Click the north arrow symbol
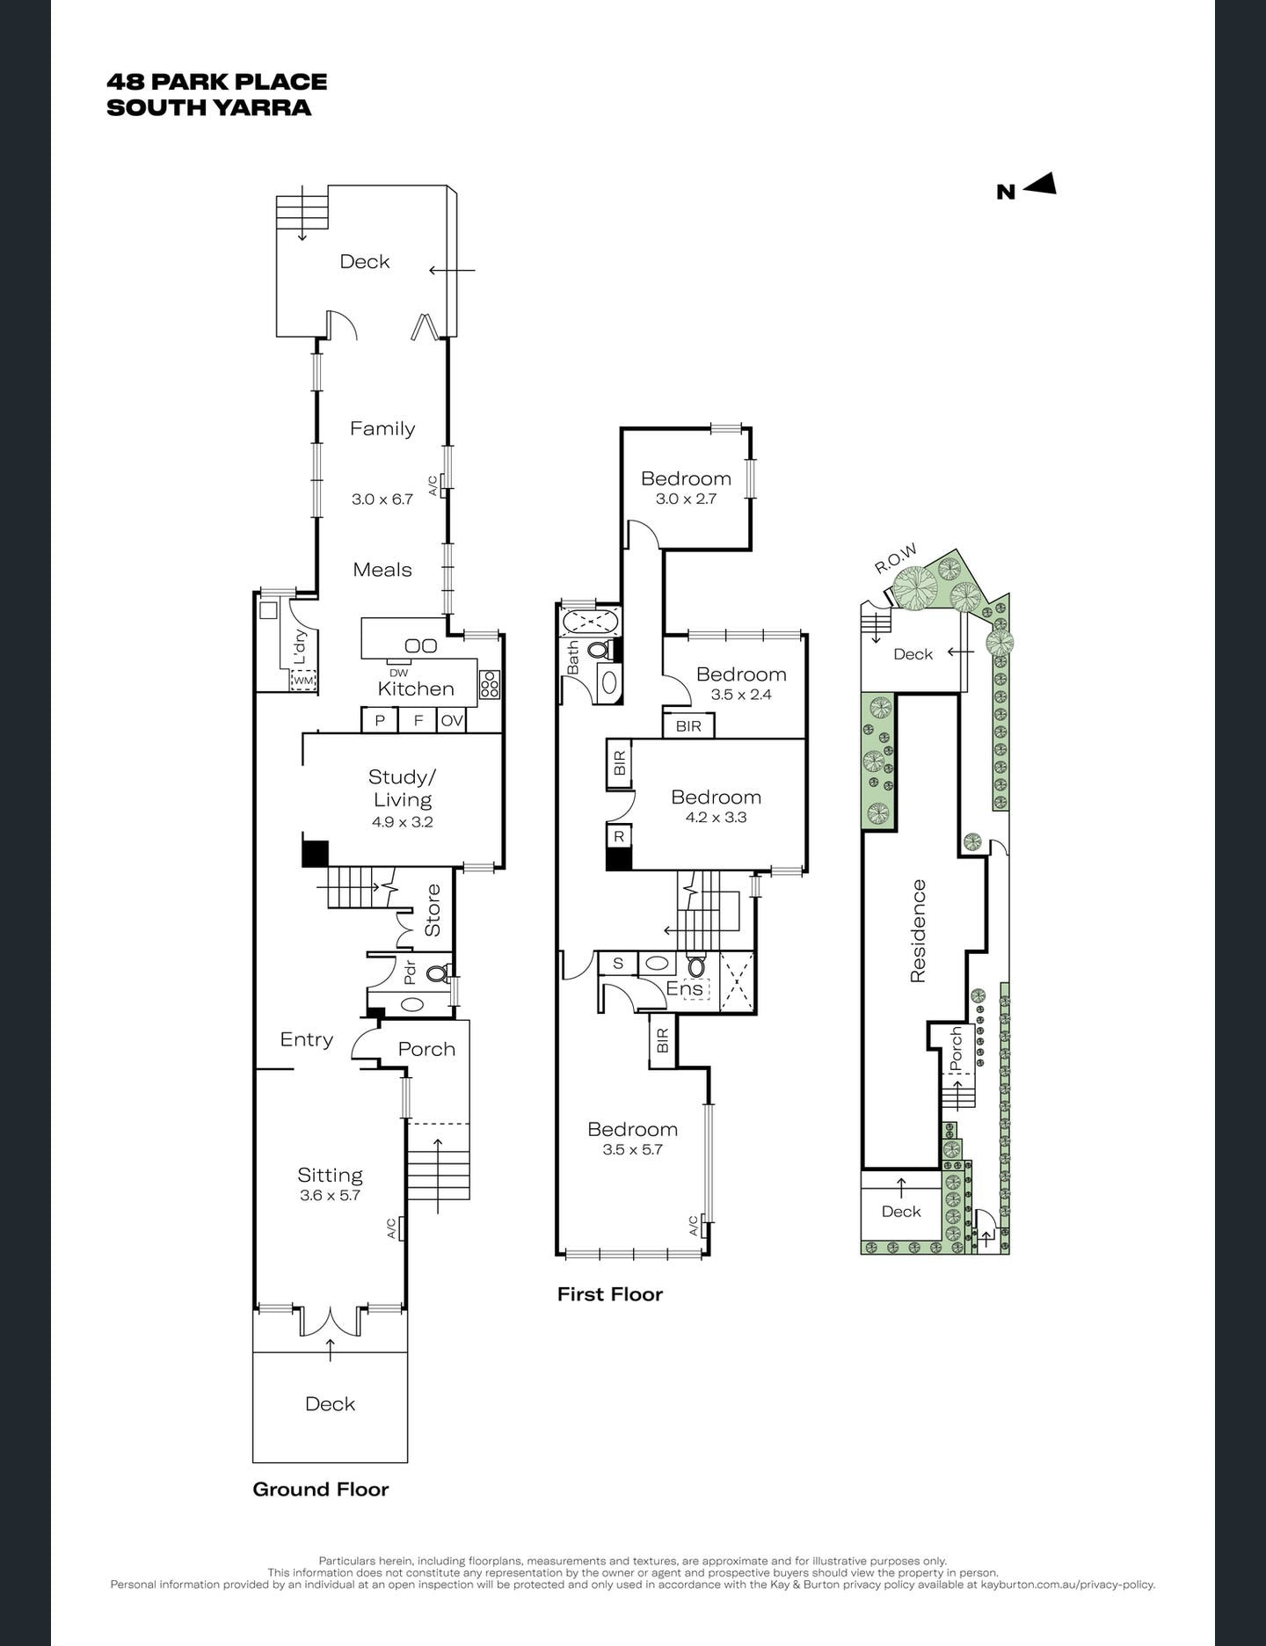[1039, 185]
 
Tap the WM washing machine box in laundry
[303, 680]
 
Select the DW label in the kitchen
[398, 673]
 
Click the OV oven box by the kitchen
[452, 720]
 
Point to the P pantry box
[380, 720]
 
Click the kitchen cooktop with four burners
[490, 684]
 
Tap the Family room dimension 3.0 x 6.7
[382, 499]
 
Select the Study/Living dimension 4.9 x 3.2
[402, 822]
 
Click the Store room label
[433, 910]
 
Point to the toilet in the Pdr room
[436, 973]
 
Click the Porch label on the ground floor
[426, 1049]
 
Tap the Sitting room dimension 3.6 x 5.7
[330, 1195]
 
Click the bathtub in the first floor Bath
[590, 622]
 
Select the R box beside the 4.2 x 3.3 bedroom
[619, 836]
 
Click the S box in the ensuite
[618, 963]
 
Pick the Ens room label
[684, 988]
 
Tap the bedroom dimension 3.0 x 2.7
[686, 499]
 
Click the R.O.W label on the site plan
[896, 558]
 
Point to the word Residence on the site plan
[918, 930]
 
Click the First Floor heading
[609, 1294]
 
